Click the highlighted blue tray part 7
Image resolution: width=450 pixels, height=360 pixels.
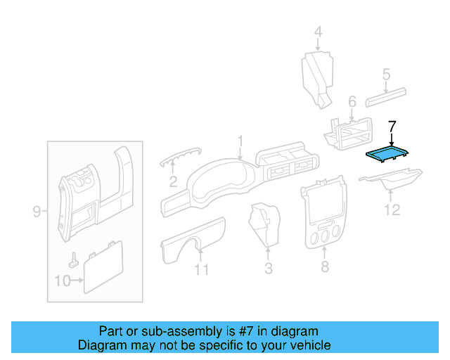click(x=387, y=153)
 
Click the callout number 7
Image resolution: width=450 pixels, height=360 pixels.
click(x=392, y=127)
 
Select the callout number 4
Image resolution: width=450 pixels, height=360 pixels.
click(x=318, y=32)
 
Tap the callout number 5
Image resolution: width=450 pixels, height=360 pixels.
click(x=386, y=74)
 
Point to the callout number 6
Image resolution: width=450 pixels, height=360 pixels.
click(x=352, y=101)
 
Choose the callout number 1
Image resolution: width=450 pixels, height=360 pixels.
click(x=240, y=141)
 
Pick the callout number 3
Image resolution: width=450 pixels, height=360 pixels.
click(x=268, y=268)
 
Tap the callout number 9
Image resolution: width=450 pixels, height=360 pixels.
click(x=37, y=211)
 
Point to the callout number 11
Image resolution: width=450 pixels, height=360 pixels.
click(x=202, y=269)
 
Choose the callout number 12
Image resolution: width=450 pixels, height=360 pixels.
click(x=392, y=210)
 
